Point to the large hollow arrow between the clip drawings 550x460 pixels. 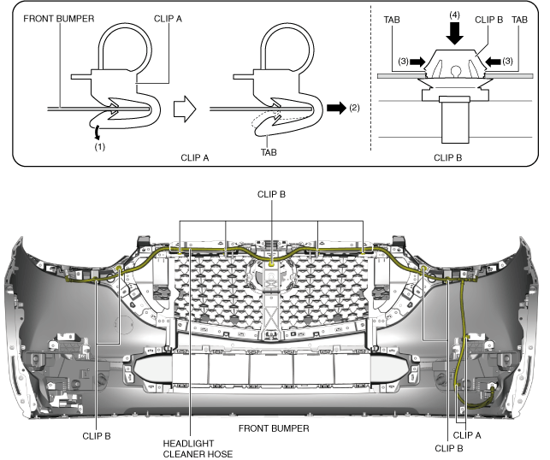186,108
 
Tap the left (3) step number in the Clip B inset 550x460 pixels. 400,62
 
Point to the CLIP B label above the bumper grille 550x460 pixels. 272,194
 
